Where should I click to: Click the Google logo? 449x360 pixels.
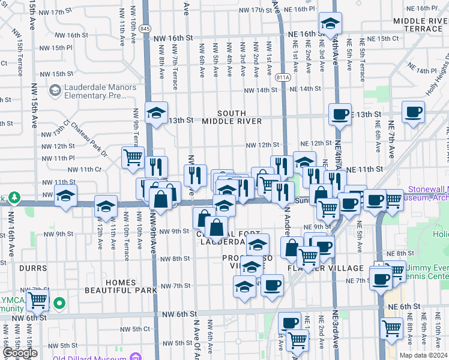tap(20, 353)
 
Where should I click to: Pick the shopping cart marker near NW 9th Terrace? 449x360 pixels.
tap(133, 158)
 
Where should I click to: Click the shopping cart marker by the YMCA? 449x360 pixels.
tap(37, 300)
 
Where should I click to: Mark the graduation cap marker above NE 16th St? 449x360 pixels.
tap(330, 24)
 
